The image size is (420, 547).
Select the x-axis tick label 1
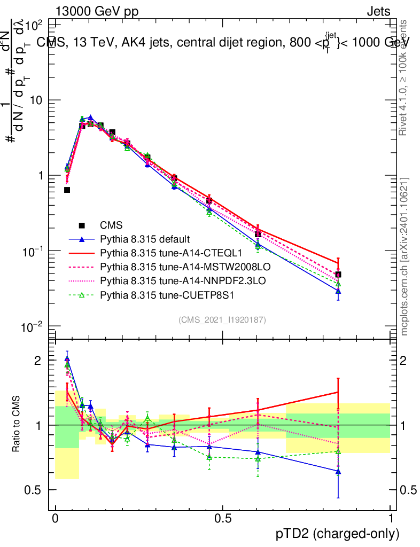391,518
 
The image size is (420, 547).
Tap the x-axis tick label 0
55,518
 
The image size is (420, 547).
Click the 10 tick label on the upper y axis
38,100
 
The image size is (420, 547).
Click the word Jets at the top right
378,12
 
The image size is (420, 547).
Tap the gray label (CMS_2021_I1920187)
222,319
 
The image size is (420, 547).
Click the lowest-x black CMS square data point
67,190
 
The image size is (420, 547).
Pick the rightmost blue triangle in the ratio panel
338,472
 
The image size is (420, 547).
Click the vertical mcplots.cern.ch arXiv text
405,256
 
